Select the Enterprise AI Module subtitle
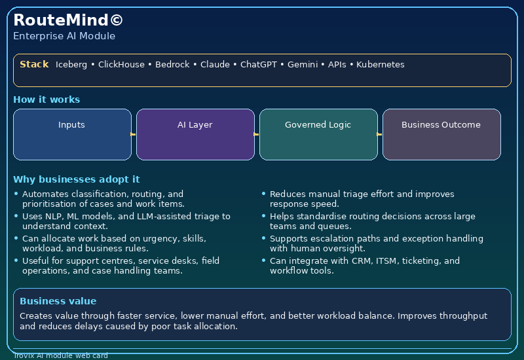point(64,36)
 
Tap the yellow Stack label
point(34,64)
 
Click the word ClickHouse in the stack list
point(122,65)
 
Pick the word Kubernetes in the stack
point(380,65)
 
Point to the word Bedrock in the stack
point(172,65)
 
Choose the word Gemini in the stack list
point(303,65)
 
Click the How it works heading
point(47,99)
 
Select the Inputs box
point(72,134)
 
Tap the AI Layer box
point(195,134)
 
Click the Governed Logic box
point(318,134)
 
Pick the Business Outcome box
point(441,134)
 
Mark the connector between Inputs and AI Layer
point(134,134)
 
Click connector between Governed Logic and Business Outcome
point(380,134)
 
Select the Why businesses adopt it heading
point(76,179)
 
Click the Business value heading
point(58,301)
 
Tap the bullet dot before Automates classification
point(16,194)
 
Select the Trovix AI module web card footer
point(60,356)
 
